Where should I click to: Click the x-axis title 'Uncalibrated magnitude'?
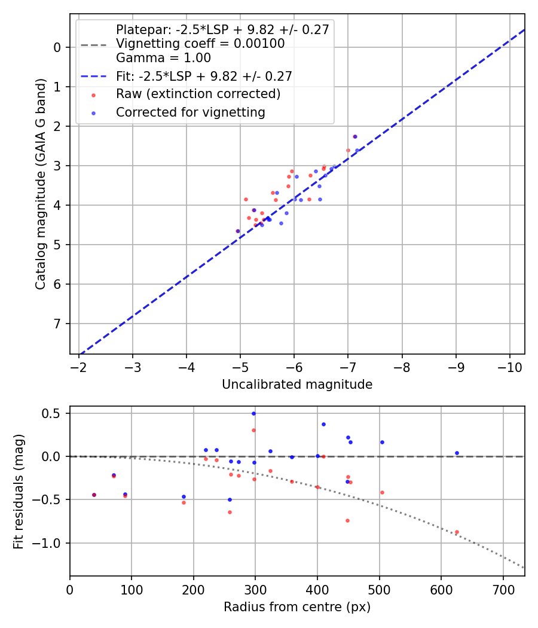coord(297,385)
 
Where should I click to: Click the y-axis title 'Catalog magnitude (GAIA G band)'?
coord(40,184)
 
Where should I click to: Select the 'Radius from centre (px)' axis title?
coord(297,607)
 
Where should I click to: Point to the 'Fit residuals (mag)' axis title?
coord(19,491)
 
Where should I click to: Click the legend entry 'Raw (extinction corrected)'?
coord(198,94)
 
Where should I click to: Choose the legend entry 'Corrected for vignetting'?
coord(190,112)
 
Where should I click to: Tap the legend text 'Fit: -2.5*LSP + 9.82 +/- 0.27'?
coord(204,76)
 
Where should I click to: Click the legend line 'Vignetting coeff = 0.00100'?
coord(200,44)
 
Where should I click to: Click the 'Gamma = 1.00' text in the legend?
coord(163,58)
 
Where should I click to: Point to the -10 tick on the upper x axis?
coord(510,366)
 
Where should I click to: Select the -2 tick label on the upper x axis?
coord(79,366)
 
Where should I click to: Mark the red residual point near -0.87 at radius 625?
coord(457,532)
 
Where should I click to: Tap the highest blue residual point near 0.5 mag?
coord(253,413)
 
